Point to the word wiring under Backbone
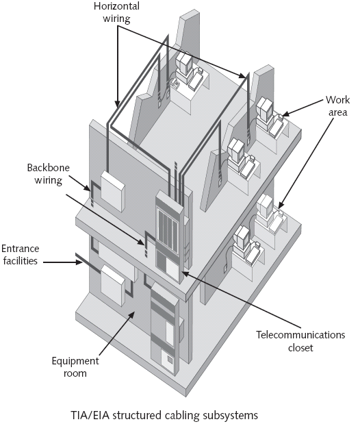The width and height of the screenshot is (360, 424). click(45, 181)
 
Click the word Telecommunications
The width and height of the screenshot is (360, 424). click(300, 336)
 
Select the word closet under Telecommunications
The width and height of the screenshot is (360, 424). click(300, 348)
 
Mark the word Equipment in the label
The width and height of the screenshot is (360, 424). click(74, 361)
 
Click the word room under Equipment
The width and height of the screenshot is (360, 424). click(74, 373)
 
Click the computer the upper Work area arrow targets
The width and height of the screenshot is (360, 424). click(269, 109)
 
